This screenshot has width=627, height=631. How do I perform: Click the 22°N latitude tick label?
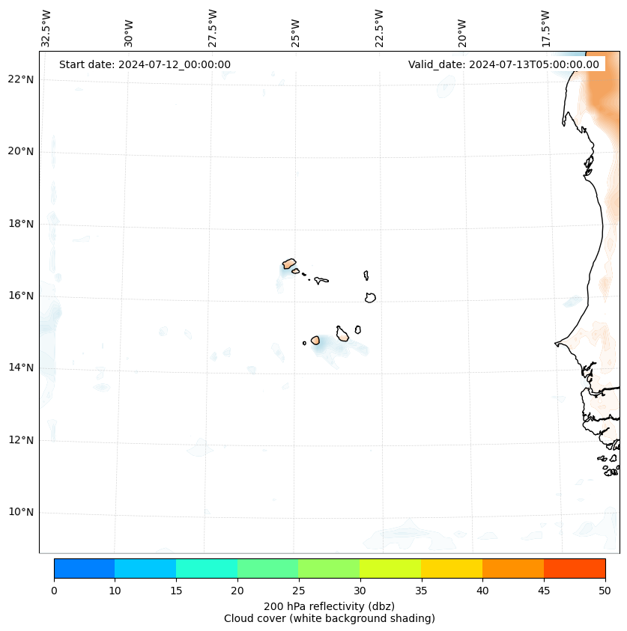[21, 79]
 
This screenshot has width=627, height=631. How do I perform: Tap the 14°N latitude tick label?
[21, 368]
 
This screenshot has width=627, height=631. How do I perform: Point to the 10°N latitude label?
[21, 512]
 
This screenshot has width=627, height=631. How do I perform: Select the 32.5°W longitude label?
[46, 28]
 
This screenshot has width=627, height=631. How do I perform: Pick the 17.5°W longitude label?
[545, 28]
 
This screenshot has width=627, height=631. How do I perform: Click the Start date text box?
[145, 64]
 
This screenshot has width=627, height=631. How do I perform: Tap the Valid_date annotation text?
[503, 64]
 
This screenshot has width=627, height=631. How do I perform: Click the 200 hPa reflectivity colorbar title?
[329, 606]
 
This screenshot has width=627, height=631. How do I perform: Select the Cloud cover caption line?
[329, 618]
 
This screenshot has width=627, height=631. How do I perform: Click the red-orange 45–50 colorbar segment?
[574, 568]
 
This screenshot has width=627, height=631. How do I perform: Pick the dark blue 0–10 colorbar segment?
[84, 568]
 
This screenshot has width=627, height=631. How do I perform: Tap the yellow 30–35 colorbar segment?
[390, 568]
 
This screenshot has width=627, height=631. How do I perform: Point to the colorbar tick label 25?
[298, 591]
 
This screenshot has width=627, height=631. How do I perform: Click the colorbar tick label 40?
[482, 591]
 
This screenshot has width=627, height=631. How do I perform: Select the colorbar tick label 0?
[54, 591]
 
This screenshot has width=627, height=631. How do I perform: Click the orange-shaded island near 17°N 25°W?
[289, 263]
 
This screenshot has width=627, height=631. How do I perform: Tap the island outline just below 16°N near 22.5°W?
[370, 298]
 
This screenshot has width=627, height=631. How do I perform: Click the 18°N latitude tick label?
[21, 223]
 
